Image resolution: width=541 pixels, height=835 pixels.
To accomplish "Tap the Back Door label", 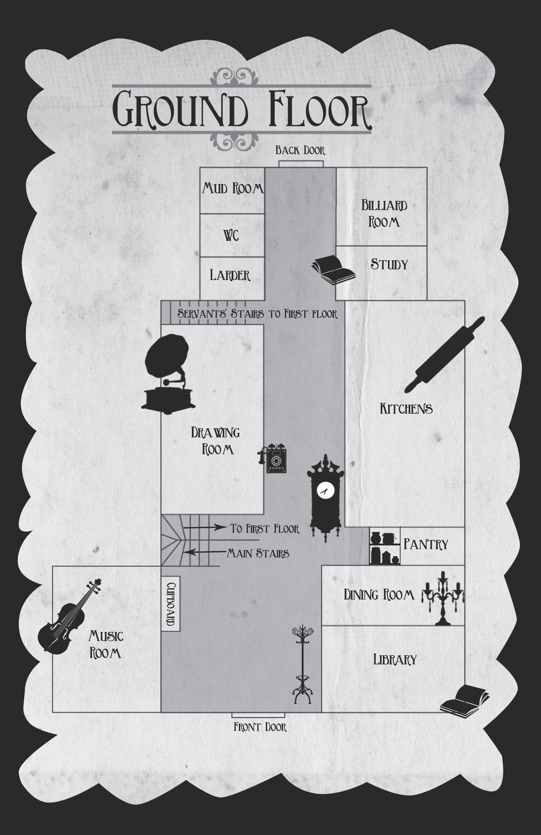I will pos(300,151).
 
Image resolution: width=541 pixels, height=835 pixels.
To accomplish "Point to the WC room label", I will pos(231,236).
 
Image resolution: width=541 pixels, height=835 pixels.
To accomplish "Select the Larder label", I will pos(230,275).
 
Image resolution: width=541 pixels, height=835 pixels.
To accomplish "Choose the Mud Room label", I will pos(232,189).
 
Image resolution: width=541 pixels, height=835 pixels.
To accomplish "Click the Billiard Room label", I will pos(384,214).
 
